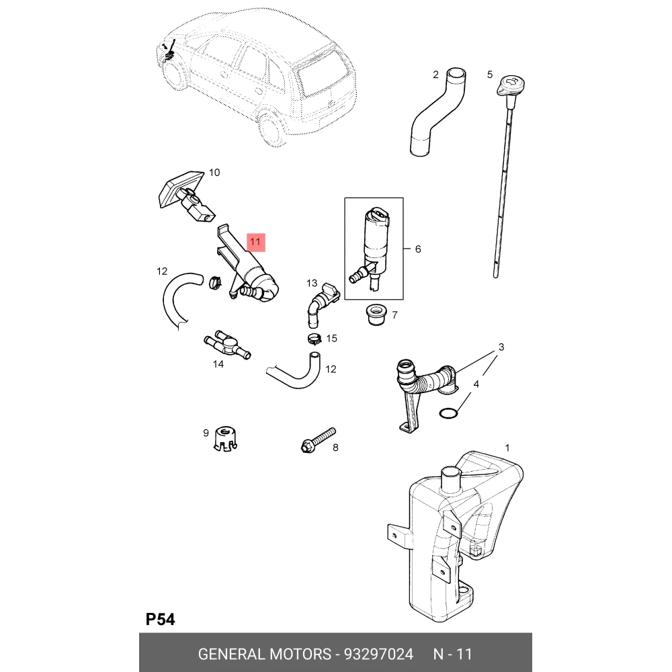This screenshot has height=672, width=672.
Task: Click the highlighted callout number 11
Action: [x=255, y=242]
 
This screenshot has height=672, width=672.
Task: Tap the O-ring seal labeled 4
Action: [x=449, y=413]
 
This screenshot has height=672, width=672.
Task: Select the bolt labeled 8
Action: [x=319, y=440]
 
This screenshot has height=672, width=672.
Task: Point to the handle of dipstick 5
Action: [x=511, y=85]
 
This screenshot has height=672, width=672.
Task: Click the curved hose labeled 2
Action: [x=437, y=112]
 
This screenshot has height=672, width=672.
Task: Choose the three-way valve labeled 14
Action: [x=227, y=345]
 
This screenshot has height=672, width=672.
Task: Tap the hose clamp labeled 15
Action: [x=314, y=339]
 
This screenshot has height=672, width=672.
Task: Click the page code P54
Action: [x=161, y=620]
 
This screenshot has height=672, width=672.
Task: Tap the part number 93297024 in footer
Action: [x=378, y=654]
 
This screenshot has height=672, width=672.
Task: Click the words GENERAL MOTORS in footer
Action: [x=264, y=654]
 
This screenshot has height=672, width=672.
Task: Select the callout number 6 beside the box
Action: [x=418, y=249]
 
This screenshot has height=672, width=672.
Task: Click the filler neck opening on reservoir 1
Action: [x=452, y=472]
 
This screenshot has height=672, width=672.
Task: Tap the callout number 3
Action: [x=501, y=347]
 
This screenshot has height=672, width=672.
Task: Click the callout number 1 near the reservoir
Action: [x=507, y=448]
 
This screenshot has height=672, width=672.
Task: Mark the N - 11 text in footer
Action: [x=452, y=654]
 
